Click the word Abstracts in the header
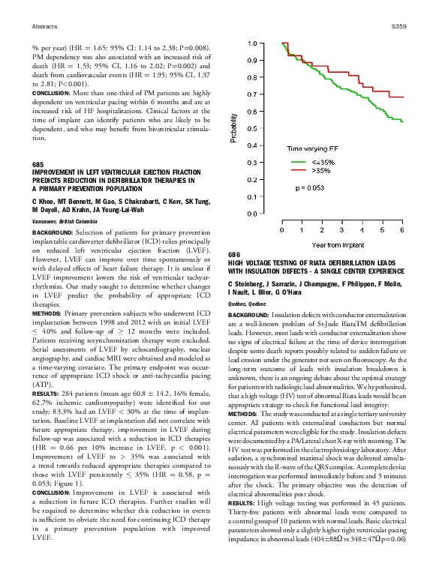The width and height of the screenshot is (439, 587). [x=44, y=26]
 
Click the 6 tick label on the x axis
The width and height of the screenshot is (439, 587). [x=402, y=231]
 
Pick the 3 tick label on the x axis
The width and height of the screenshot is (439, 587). [x=341, y=231]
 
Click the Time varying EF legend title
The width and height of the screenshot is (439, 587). [x=315, y=149]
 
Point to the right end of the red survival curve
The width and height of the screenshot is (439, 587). [x=404, y=97]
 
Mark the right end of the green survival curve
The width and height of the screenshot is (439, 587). [x=404, y=121]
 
